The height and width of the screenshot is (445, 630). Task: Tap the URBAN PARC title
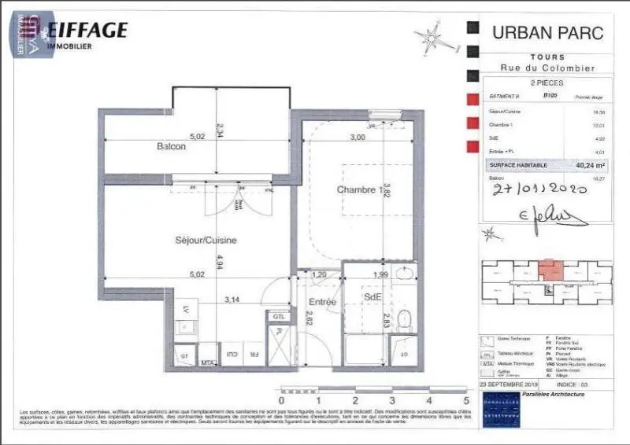pyautogui.click(x=547, y=33)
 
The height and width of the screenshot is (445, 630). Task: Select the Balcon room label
pyautogui.click(x=171, y=147)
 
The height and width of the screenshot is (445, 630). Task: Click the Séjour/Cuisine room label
pyautogui.click(x=206, y=241)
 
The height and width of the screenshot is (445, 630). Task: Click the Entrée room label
pyautogui.click(x=322, y=301)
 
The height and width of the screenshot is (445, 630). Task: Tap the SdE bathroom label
pyautogui.click(x=372, y=296)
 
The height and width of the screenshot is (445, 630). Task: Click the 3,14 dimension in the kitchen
pyautogui.click(x=232, y=300)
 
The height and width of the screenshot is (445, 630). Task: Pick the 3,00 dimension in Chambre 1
pyautogui.click(x=357, y=138)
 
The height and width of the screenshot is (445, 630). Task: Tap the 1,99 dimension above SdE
pyautogui.click(x=380, y=275)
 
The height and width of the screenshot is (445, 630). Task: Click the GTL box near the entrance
pyautogui.click(x=279, y=316)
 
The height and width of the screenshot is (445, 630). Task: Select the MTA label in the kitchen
pyautogui.click(x=208, y=362)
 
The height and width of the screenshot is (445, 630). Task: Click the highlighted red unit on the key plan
pyautogui.click(x=550, y=270)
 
